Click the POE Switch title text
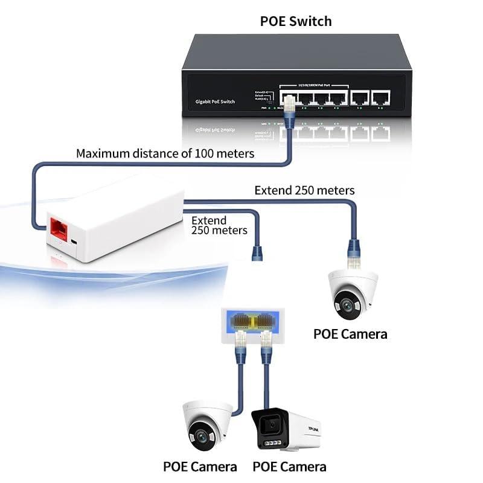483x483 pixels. tap(296, 21)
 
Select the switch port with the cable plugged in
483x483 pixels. tap(289, 98)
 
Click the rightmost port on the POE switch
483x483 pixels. tap(380, 97)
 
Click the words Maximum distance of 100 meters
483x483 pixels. tap(165, 153)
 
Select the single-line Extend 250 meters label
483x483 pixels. tap(304, 190)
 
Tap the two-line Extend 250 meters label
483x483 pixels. tap(219, 225)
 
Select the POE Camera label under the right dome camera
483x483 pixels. tap(350, 334)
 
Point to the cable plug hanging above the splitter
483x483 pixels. tap(257, 252)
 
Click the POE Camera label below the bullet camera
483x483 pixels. tap(289, 467)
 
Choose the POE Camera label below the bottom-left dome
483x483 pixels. tap(200, 467)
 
